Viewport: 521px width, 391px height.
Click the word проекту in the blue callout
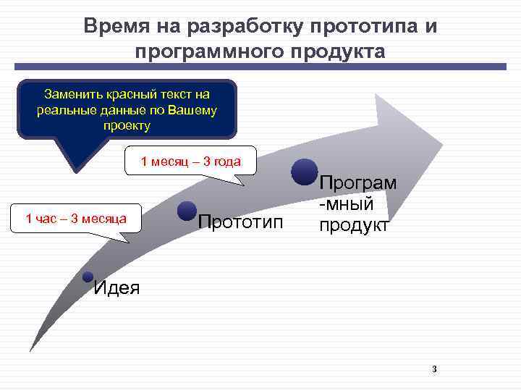click(x=127, y=125)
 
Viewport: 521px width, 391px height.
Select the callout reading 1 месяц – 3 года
click(x=190, y=161)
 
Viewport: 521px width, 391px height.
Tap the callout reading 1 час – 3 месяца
click(x=76, y=217)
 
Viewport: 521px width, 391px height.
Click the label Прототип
click(x=241, y=221)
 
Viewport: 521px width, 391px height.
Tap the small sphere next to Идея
click(x=88, y=277)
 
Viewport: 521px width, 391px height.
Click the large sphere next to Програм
click(x=305, y=171)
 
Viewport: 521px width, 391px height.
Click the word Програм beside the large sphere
click(x=358, y=182)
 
